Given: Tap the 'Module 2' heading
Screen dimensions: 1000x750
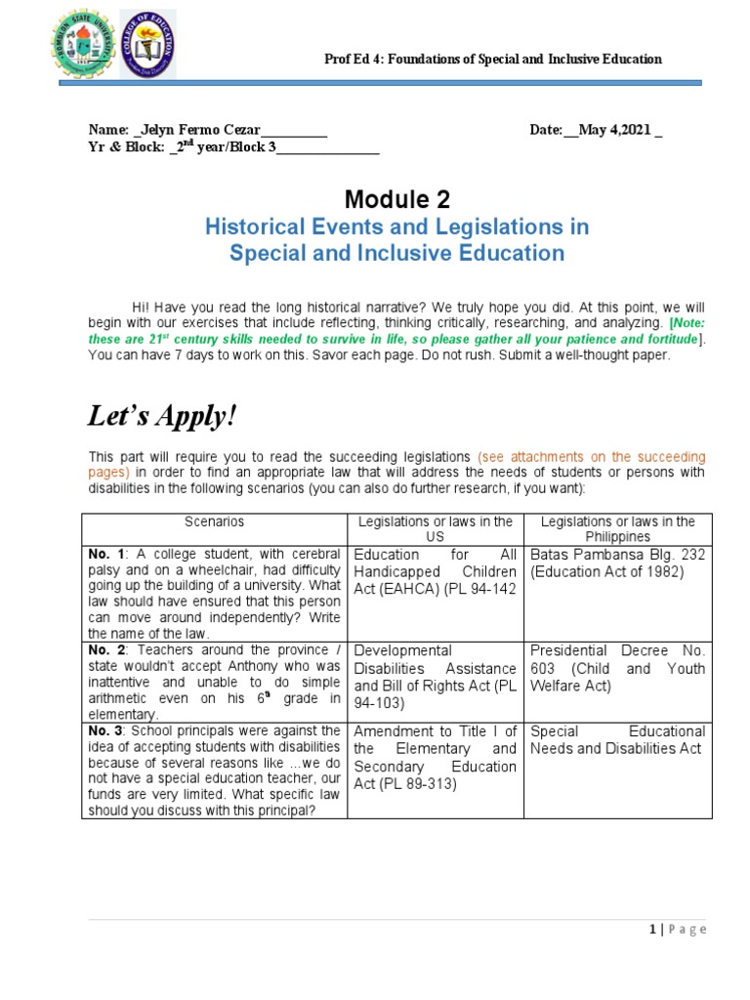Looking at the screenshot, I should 397,200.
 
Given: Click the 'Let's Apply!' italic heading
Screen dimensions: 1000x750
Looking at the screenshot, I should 162,416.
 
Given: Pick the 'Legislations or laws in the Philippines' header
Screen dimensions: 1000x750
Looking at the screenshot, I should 617,529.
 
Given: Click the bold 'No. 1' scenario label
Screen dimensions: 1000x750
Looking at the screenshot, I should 103,555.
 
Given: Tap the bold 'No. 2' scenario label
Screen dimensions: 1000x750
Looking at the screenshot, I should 103,650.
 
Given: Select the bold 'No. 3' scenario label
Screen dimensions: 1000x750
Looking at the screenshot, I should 103,730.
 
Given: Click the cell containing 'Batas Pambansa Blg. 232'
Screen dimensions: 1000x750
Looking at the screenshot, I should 617,563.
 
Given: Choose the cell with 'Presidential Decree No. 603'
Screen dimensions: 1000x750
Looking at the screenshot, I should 617,668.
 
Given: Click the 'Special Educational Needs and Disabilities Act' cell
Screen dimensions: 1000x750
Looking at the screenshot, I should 617,739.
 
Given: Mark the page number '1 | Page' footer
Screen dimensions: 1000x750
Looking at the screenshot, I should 677,930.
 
